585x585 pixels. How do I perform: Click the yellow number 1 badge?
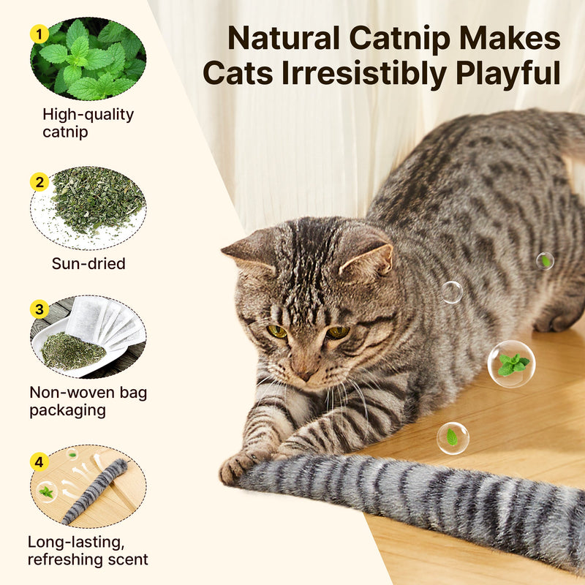39,34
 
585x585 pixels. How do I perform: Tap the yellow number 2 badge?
39,182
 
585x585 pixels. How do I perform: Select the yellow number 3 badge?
39,309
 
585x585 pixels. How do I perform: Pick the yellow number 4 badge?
39,461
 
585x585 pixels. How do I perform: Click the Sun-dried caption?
88,263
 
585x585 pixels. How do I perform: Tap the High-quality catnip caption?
88,123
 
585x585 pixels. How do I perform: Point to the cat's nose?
301,373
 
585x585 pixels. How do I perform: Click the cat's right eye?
277,331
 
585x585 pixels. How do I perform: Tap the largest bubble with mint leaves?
511,363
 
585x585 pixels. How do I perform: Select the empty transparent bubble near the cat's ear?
452,292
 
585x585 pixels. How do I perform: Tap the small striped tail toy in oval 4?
95,491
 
